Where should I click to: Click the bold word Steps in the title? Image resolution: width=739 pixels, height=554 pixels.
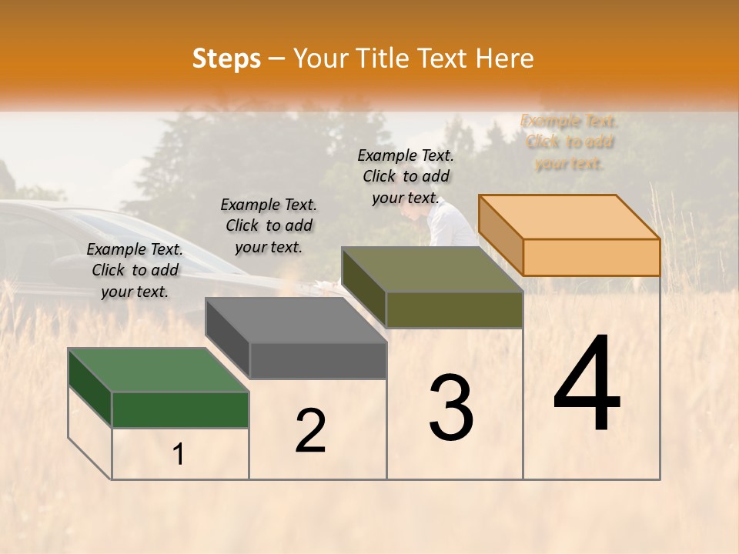coord(226,58)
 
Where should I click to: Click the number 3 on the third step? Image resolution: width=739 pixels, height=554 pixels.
coord(451,408)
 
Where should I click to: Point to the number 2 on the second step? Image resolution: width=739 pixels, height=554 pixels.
coord(310,431)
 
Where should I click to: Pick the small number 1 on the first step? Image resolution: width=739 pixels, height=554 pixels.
coord(179,455)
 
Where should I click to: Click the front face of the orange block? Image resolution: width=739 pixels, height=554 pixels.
coord(591,257)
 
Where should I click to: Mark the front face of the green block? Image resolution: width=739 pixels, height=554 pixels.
coord(180,409)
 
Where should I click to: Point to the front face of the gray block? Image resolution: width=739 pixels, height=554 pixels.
coord(317,360)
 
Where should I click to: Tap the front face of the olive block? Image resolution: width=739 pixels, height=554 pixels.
coord(454,309)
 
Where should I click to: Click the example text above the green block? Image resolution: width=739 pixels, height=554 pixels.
coord(135,270)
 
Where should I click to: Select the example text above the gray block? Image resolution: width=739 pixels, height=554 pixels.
coord(269,225)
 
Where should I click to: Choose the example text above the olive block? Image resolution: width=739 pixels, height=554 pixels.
coord(406,176)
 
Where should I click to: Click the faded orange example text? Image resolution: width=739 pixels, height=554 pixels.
coord(570,142)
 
